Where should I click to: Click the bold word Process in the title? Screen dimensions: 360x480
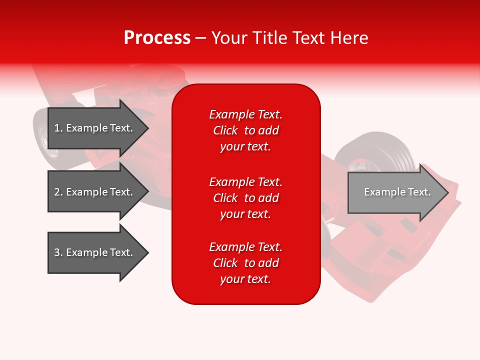(157, 38)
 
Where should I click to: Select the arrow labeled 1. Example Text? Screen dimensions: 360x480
(95, 128)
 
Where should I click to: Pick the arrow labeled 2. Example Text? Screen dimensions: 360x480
(95, 192)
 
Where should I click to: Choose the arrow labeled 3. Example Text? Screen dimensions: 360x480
(95, 252)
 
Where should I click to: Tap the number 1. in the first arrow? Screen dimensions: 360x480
(58, 128)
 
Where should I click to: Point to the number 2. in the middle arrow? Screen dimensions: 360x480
(58, 192)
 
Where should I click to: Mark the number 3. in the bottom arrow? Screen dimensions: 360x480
(58, 252)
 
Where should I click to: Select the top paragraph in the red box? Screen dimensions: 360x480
(245, 130)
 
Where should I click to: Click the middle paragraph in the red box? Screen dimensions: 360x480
(245, 198)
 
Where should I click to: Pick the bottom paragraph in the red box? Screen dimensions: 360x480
(245, 263)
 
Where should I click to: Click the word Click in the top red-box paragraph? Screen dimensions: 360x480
(225, 130)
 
